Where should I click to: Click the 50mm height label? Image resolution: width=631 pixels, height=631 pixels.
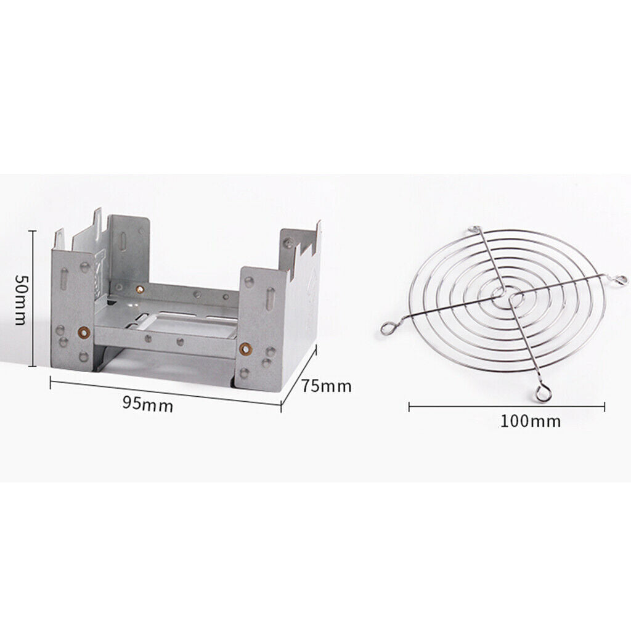20,299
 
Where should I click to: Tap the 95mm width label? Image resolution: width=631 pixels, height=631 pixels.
148,404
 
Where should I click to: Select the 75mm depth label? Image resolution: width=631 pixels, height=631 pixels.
327,386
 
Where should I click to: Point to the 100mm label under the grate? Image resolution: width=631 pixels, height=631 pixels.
531,421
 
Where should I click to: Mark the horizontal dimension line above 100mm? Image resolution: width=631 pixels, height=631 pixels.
507,407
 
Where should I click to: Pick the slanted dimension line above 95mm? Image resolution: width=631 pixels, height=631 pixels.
165,393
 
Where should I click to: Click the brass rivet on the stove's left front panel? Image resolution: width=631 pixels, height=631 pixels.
84,332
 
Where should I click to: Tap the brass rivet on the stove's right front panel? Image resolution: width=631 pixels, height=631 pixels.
245,349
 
